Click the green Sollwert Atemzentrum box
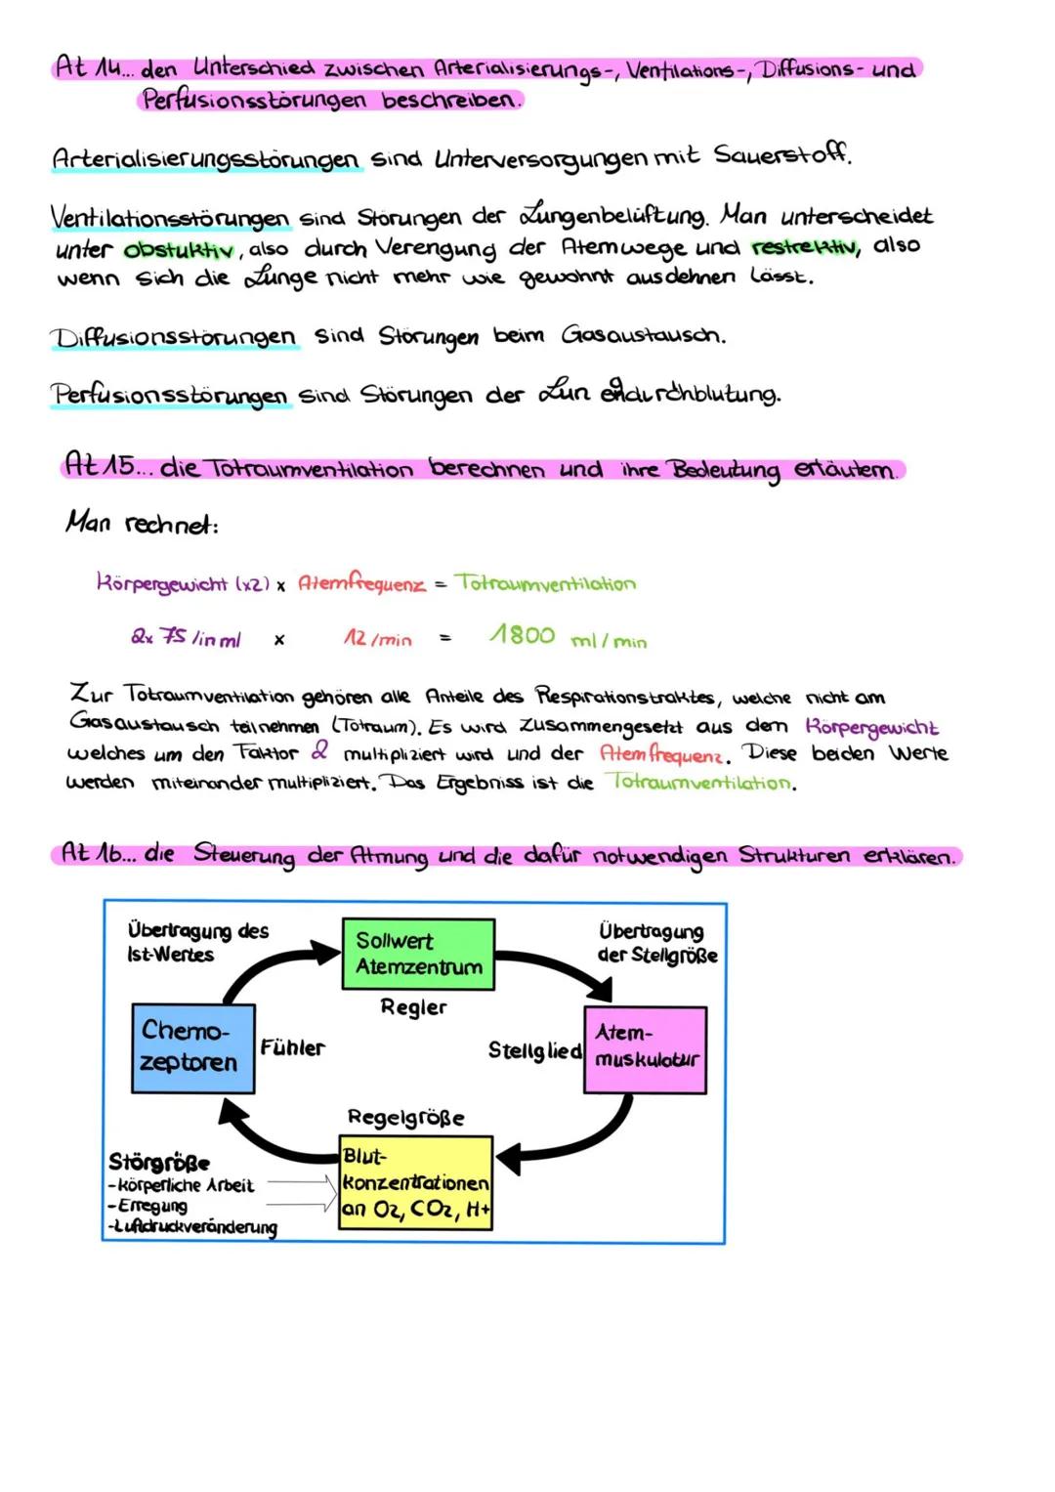coord(418,954)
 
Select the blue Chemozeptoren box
coord(192,1047)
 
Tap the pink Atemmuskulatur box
coord(645,1049)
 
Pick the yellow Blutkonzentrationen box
coord(415,1182)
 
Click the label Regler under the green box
coord(413,1007)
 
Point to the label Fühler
coord(292,1047)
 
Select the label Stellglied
coord(534,1050)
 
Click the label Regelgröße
coord(405,1117)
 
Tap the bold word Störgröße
coord(158,1162)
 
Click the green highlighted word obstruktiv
coord(178,250)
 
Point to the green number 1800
coord(522,636)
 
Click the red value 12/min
coord(377,639)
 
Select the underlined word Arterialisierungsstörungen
coord(206,158)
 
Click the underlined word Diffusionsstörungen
coord(173,338)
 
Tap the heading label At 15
coord(100,465)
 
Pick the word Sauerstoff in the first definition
coord(781,154)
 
